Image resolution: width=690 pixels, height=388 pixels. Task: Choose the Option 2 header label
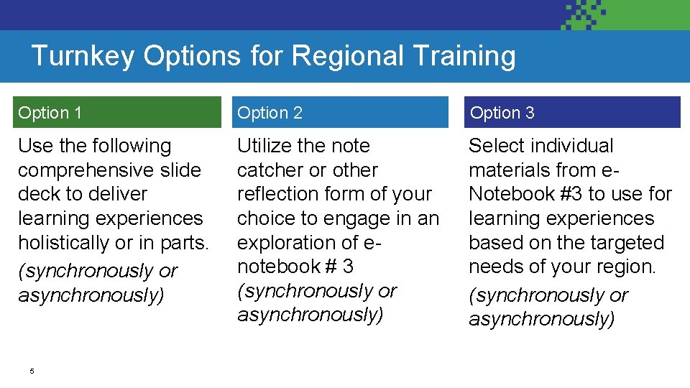(x=270, y=113)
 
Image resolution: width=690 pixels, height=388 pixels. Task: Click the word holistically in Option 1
(x=63, y=243)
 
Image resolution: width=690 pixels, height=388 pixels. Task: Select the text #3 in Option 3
(x=571, y=195)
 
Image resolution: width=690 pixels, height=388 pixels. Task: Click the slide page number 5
(x=32, y=371)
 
